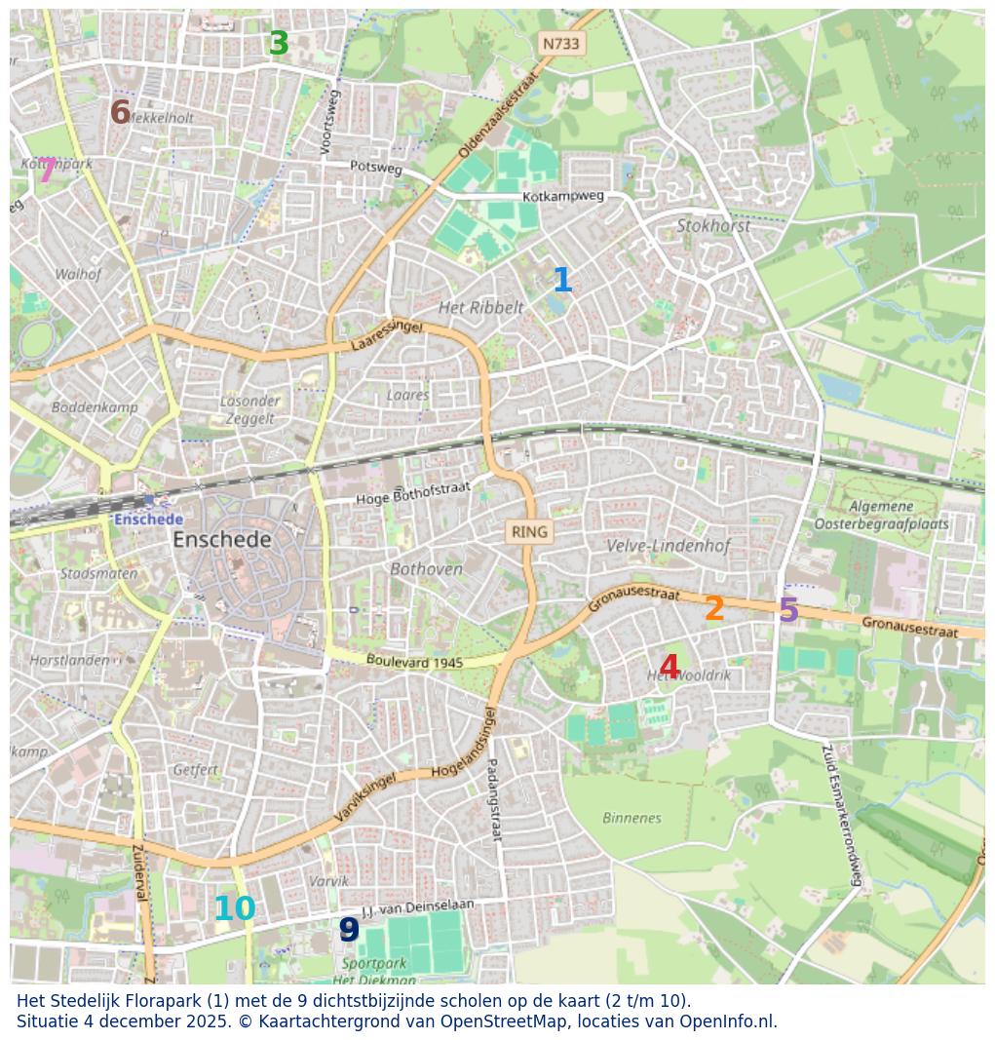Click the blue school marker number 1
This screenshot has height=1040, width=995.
[x=562, y=281]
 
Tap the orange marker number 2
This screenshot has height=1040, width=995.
[x=714, y=609]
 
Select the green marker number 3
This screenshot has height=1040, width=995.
[x=279, y=44]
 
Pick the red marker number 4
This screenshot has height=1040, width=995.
[x=669, y=669]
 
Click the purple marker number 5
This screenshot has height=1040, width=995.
[x=788, y=611]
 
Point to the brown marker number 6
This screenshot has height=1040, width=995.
[x=120, y=113]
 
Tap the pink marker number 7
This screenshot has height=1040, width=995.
[x=46, y=171]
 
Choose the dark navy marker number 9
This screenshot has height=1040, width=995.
[x=349, y=930]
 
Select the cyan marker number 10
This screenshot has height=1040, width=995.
[x=234, y=909]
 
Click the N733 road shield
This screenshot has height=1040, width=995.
[x=560, y=44]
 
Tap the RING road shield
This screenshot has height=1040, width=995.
[x=529, y=532]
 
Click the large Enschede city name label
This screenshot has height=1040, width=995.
[x=222, y=540]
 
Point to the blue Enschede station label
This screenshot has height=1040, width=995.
[x=148, y=520]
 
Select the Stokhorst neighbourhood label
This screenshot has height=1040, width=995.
[x=713, y=226]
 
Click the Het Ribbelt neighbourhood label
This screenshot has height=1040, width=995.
[x=480, y=308]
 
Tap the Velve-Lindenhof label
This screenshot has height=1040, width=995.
[x=668, y=546]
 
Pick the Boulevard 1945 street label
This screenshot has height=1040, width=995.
[x=414, y=662]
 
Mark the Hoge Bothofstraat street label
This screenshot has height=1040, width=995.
[x=412, y=493]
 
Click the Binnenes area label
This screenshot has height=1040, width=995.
[x=631, y=818]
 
